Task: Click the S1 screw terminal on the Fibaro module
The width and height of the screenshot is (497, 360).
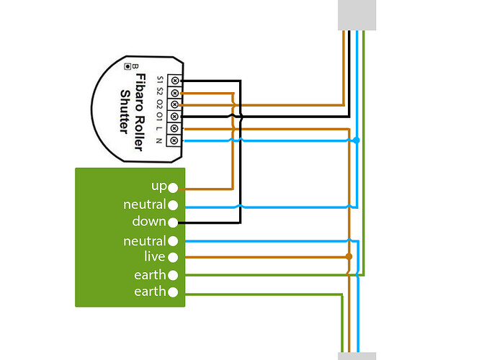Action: point(174,81)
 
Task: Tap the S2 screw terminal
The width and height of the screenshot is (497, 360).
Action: point(174,93)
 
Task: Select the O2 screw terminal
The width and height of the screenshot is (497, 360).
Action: point(174,104)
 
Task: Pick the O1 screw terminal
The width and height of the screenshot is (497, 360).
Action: point(174,117)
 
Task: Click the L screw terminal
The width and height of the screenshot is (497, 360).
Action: point(174,128)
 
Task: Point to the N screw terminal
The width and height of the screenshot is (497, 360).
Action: point(174,140)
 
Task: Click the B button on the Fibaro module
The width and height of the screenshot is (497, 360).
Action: point(127,66)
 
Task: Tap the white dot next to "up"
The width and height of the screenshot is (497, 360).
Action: point(173,188)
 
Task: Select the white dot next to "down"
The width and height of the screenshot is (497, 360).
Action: point(173,222)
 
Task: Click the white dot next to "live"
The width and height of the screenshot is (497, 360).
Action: point(173,257)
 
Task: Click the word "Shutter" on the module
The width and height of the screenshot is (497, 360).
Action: point(125,112)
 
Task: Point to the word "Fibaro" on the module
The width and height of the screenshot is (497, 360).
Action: point(140,93)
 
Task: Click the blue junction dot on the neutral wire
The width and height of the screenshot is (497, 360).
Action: point(357,140)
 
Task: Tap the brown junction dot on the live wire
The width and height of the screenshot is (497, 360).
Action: point(349,256)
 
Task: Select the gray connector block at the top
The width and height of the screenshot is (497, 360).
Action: point(357,15)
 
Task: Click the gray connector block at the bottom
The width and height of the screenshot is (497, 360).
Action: point(357,356)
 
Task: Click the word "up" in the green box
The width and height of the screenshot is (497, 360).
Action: point(159,186)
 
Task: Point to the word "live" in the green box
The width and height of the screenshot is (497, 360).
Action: point(155,256)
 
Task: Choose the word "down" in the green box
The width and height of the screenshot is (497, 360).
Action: point(149,221)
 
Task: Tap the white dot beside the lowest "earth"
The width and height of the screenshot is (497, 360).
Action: point(173,292)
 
